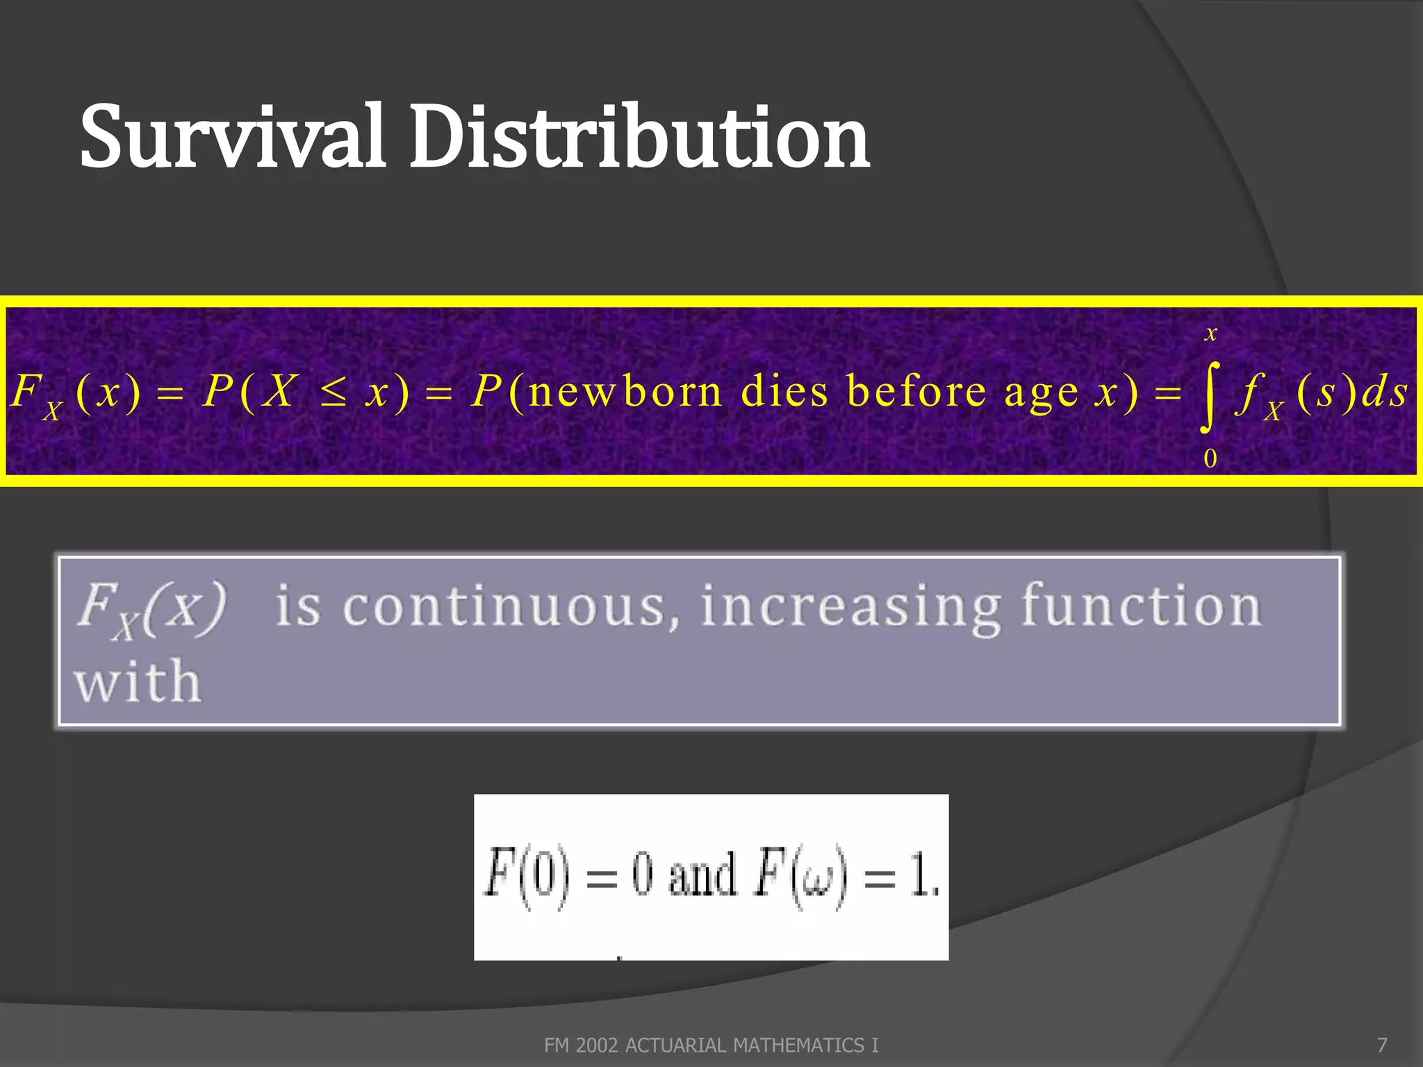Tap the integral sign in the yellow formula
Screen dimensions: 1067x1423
point(1210,394)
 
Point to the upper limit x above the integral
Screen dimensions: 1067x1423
point(1211,333)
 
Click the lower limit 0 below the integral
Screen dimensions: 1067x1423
point(1210,458)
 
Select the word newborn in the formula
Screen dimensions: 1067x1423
point(625,391)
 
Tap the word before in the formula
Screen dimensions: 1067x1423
point(917,391)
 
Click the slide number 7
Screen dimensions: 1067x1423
point(1382,1045)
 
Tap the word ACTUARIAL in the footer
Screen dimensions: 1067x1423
point(677,1045)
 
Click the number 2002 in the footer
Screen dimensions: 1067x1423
point(597,1045)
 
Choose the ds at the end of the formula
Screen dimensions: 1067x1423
point(1384,392)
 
